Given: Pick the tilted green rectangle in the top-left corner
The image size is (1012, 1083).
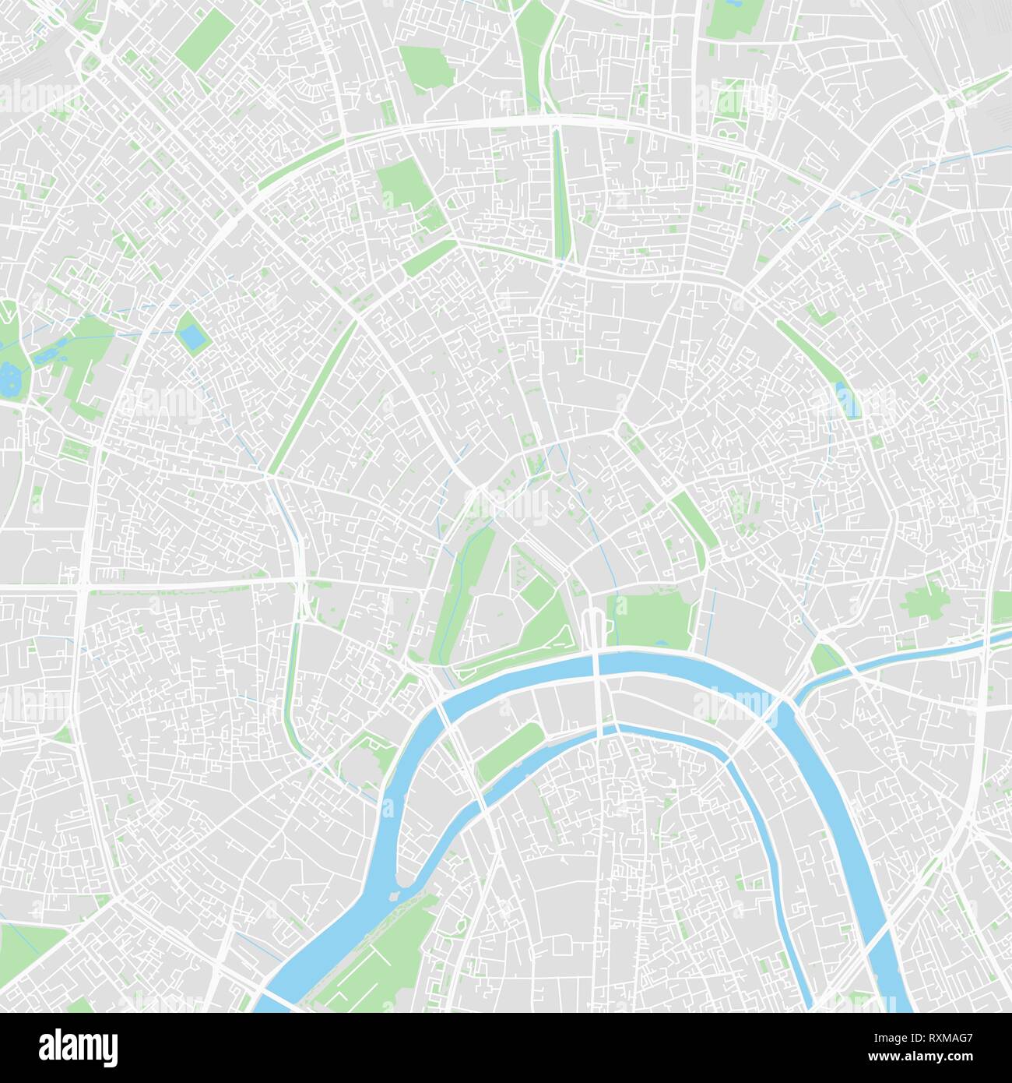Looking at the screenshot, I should pyautogui.click(x=203, y=39).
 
